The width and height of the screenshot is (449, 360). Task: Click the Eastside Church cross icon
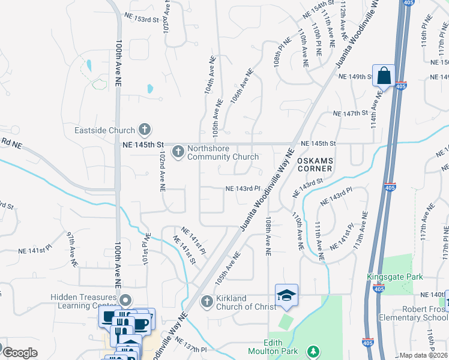[x=144, y=129]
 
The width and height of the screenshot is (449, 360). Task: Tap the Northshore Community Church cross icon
[x=178, y=152]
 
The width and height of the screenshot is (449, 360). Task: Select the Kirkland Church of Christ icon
[x=206, y=301]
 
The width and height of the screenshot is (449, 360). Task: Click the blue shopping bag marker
[x=384, y=76]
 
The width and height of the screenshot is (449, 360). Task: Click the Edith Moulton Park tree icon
[x=312, y=351]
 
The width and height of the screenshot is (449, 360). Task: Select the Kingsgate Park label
[x=395, y=277]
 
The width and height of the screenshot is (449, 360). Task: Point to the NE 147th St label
[x=350, y=113]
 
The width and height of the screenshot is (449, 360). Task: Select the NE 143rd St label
[x=307, y=187]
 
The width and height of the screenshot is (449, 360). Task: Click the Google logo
[x=20, y=353]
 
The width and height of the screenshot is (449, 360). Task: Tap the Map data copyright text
[x=424, y=355]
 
